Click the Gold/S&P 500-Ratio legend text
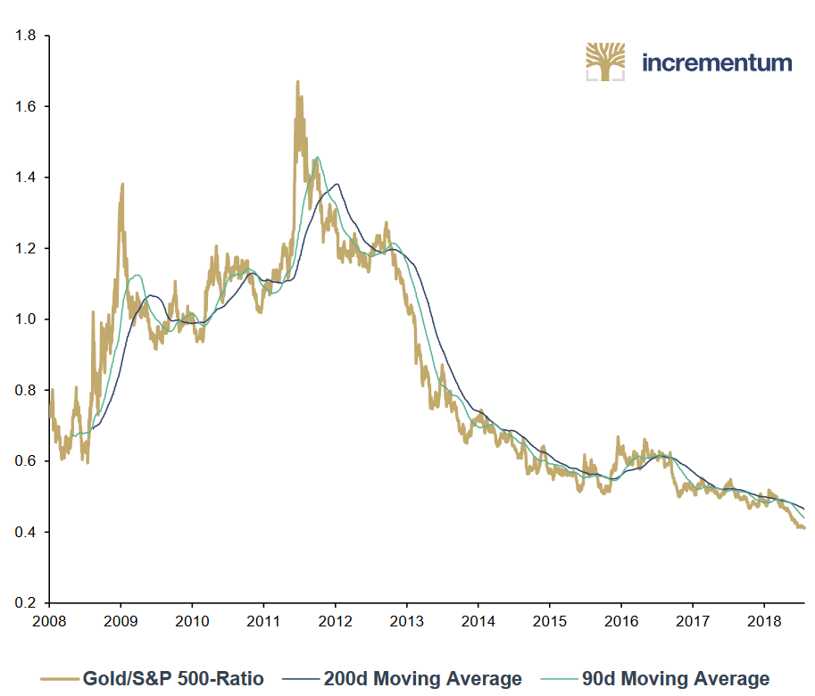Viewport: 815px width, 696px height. (x=173, y=679)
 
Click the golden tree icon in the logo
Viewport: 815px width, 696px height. (x=605, y=62)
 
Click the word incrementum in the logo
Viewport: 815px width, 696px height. (x=717, y=62)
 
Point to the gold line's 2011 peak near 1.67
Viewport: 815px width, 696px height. (x=297, y=83)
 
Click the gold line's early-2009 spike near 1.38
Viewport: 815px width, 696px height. (x=122, y=185)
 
